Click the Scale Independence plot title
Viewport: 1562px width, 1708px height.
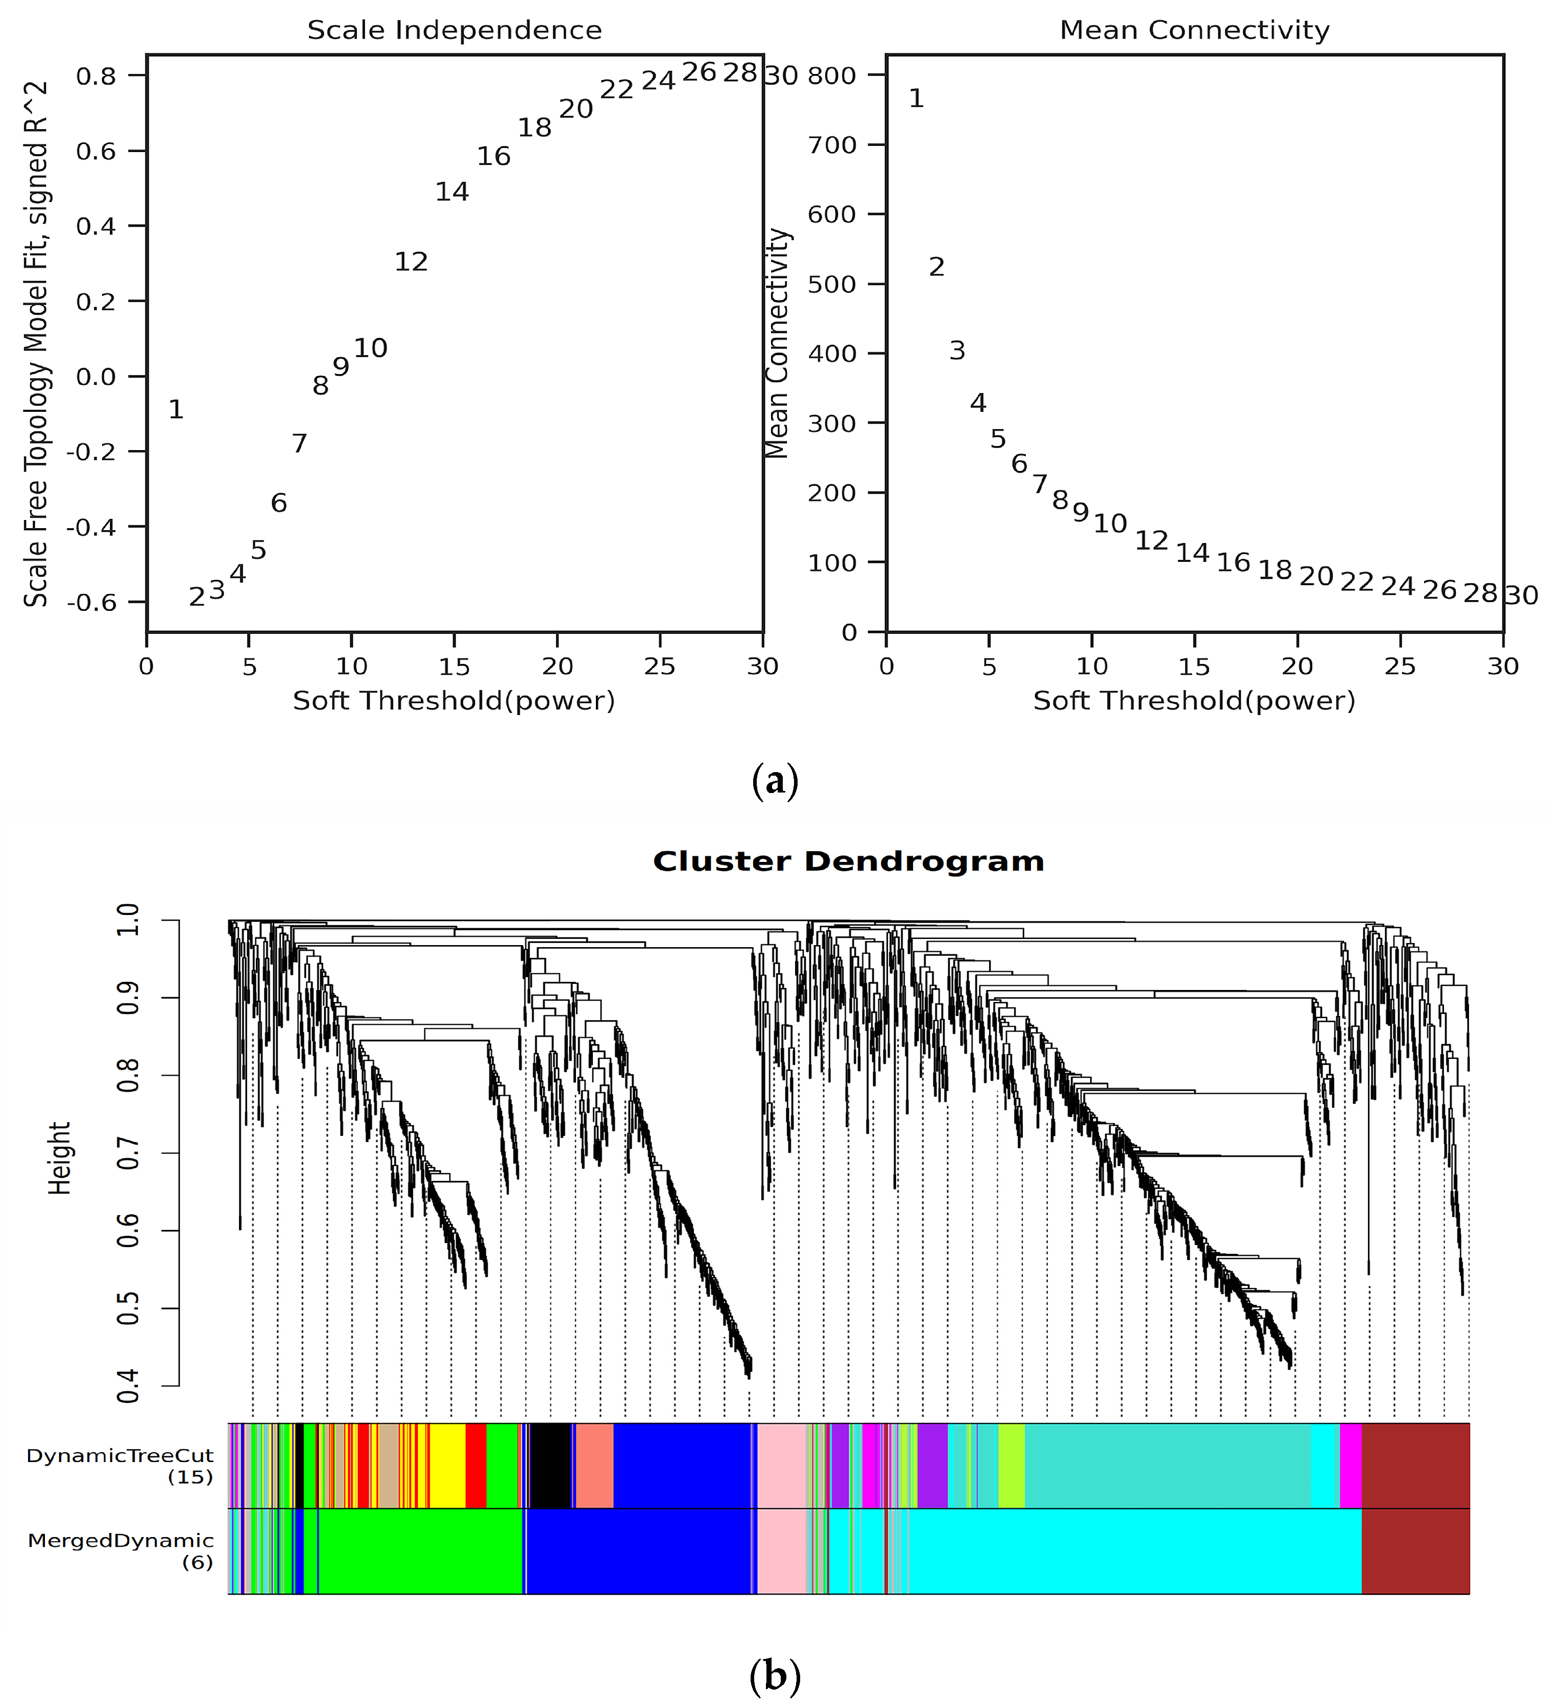click(454, 31)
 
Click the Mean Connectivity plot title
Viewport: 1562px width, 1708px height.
click(1194, 31)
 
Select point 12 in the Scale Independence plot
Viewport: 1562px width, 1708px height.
click(411, 262)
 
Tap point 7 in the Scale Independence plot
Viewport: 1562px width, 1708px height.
click(299, 443)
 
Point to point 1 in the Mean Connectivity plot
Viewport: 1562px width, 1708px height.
click(916, 99)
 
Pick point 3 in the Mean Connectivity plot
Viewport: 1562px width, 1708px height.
click(957, 351)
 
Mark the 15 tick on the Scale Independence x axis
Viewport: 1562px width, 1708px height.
click(454, 667)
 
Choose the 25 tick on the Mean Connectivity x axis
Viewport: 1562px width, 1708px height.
click(1400, 667)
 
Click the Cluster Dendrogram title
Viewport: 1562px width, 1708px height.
click(848, 861)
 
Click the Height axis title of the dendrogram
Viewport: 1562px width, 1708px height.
click(59, 1158)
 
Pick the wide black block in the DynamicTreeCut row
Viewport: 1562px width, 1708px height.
click(550, 1466)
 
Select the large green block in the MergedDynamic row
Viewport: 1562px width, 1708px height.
click(420, 1550)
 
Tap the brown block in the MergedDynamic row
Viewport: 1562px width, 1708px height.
click(1415, 1550)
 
